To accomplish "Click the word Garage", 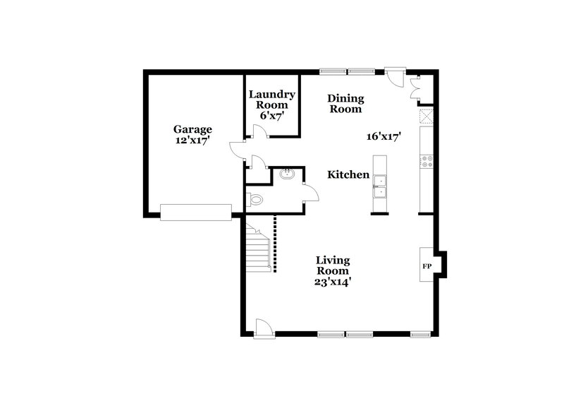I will pyautogui.click(x=192, y=129).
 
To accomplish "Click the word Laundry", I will pyautogui.click(x=272, y=94).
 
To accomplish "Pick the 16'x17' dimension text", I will pyautogui.click(x=384, y=137).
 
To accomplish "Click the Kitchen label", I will pyautogui.click(x=348, y=174).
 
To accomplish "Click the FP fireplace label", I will pyautogui.click(x=427, y=267).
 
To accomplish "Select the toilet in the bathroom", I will pyautogui.click(x=255, y=201).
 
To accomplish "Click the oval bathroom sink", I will pyautogui.click(x=288, y=174).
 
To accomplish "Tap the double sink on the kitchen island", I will pyautogui.click(x=380, y=185).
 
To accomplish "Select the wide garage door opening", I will pyautogui.click(x=195, y=212).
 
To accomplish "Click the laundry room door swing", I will pyautogui.click(x=259, y=131).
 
